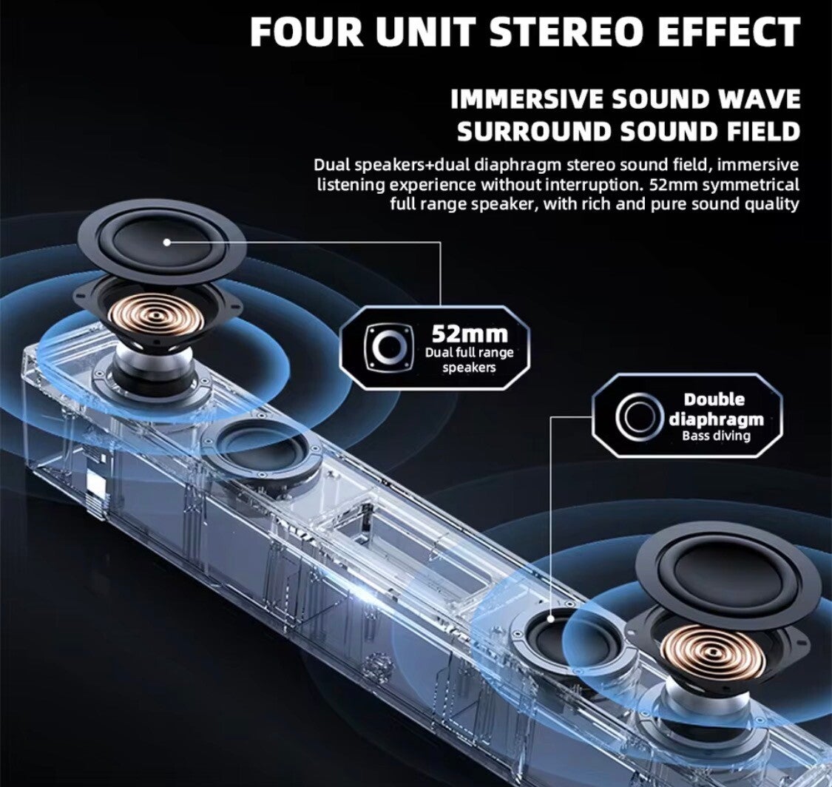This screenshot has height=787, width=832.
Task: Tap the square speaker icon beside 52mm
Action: point(388,345)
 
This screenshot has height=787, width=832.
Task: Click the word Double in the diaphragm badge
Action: point(714,399)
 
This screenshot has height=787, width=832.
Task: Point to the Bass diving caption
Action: point(715,436)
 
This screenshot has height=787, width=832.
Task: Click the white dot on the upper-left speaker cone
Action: point(166,242)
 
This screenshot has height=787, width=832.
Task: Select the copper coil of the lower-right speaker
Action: point(712,650)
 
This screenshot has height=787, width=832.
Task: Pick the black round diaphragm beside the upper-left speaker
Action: point(261,447)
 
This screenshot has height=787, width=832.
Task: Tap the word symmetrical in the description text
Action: point(750,183)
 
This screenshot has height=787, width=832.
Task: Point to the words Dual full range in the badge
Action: point(469,353)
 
